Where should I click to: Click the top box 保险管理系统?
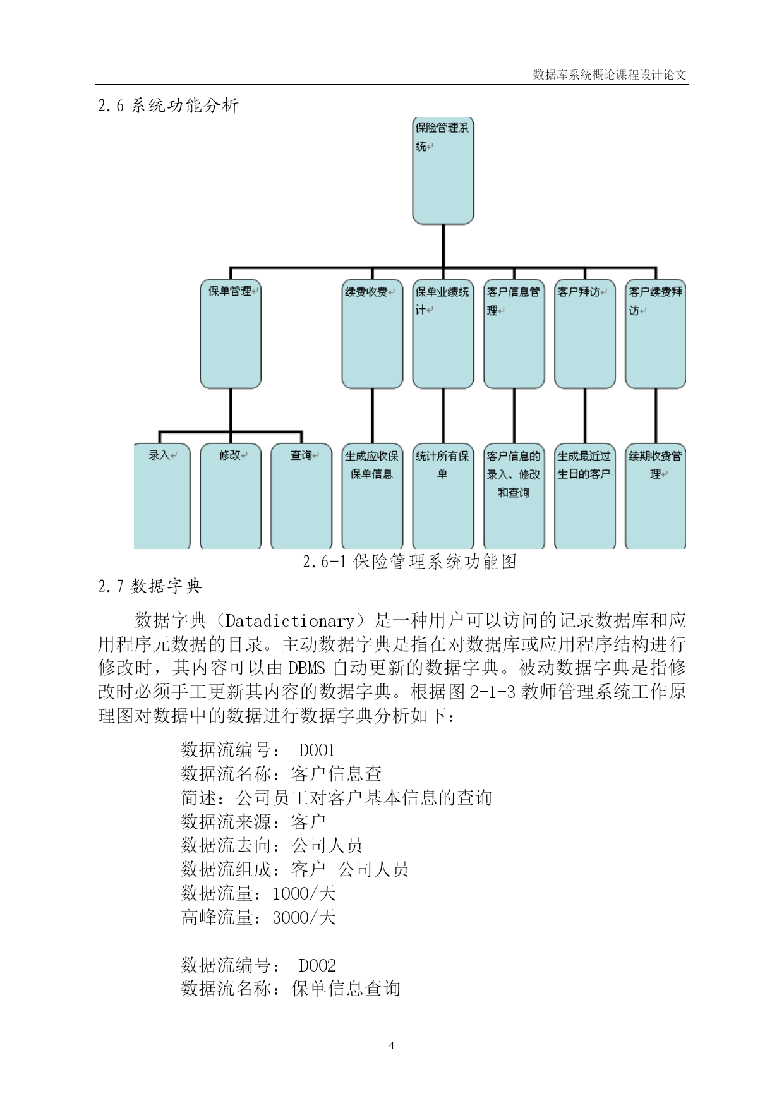coord(443,171)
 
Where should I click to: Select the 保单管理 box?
coord(231,334)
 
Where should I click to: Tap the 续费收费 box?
coord(372,334)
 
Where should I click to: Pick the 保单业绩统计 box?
coord(443,334)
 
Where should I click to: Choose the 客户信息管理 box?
coord(514,334)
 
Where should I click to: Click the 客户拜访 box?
coord(584,334)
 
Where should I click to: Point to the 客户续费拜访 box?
coord(655,334)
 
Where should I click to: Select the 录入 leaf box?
coord(162,496)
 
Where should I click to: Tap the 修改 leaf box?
coord(231,496)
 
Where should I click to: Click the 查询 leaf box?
coord(301,496)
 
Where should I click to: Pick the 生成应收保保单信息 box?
coord(372,496)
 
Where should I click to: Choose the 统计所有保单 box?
coord(443,496)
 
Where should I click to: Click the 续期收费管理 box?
coord(655,496)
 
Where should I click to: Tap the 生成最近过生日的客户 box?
coord(584,496)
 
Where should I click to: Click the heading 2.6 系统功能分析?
coord(168,105)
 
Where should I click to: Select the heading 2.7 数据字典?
coord(150,586)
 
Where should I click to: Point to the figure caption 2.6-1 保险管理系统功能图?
coord(409,561)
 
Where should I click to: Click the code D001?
coord(317,750)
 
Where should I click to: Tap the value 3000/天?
coord(304,917)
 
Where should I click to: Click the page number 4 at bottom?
coord(391,1045)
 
